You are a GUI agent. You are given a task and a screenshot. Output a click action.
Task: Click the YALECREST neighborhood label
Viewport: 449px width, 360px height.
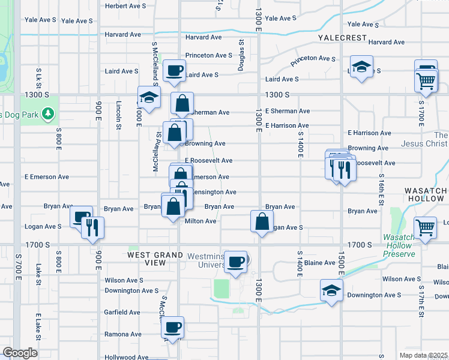point(342,37)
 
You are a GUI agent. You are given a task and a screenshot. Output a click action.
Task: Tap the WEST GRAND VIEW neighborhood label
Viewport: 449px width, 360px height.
point(155,259)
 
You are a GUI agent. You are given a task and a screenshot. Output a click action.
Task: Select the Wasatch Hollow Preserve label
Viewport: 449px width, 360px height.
point(399,245)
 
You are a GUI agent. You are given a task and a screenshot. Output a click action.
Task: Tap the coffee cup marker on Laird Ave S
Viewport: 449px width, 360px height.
point(174,71)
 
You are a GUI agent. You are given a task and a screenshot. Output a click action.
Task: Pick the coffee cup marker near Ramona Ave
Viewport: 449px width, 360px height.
point(173,328)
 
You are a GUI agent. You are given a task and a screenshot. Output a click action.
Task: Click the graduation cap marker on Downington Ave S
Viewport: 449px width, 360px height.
point(331,291)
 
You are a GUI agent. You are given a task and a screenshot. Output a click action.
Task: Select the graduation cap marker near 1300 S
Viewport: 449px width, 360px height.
point(149,97)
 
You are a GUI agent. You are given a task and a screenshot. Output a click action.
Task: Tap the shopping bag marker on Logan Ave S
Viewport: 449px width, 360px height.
point(262,222)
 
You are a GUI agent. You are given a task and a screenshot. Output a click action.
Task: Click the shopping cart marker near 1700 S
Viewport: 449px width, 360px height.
point(425,228)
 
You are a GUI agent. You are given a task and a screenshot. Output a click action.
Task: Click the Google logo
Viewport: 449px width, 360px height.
point(20,352)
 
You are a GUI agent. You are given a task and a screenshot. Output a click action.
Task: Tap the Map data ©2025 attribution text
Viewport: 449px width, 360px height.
point(424,355)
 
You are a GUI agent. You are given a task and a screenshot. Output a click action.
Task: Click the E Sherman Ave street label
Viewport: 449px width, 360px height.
point(288,111)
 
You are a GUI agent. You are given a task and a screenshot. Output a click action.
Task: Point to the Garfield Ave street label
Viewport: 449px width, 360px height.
point(122,312)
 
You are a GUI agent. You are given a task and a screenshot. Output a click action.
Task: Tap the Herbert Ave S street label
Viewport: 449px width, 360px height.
point(125,6)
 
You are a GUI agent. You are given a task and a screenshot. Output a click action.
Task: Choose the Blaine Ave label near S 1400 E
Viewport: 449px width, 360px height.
point(319,263)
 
